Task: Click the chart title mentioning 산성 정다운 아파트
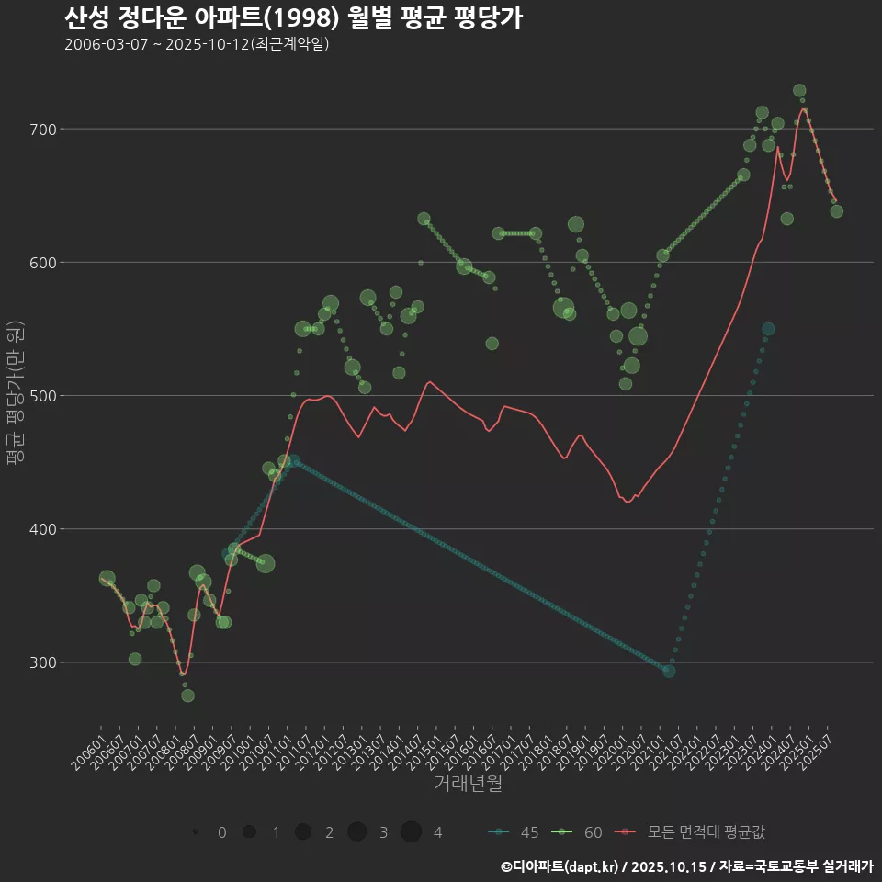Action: [x=293, y=18]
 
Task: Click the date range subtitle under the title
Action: [x=197, y=44]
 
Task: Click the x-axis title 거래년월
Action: [x=468, y=784]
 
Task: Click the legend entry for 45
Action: [x=514, y=832]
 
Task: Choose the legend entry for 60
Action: [x=578, y=832]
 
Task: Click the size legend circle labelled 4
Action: [x=411, y=832]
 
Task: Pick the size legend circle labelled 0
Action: [x=195, y=832]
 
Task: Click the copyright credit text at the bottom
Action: [x=686, y=865]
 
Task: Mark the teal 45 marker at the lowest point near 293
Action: [x=669, y=672]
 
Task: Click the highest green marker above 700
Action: [x=799, y=91]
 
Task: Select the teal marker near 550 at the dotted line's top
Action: [x=768, y=329]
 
